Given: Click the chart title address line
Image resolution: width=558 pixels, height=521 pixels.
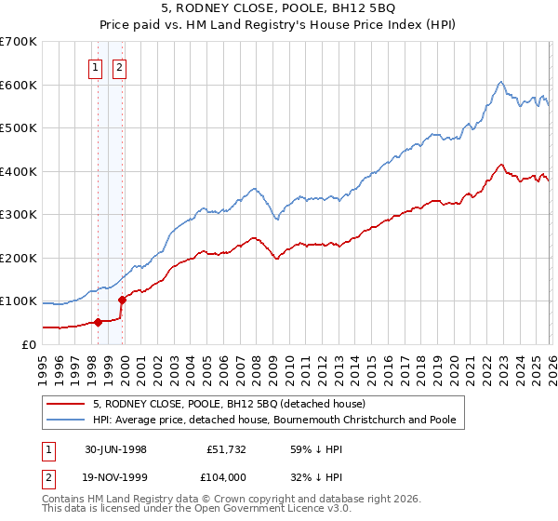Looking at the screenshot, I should pyautogui.click(x=279, y=10).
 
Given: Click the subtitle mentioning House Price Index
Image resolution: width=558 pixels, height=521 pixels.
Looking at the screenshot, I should pyautogui.click(x=279, y=26).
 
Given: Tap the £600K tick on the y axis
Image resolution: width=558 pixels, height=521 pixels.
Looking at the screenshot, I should pyautogui.click(x=18, y=85).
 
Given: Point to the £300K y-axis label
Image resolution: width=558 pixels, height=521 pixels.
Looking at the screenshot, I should pyautogui.click(x=18, y=215).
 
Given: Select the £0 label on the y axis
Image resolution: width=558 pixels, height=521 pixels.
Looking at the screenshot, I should pyautogui.click(x=28, y=344).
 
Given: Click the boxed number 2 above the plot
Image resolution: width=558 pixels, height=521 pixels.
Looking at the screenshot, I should pyautogui.click(x=121, y=66).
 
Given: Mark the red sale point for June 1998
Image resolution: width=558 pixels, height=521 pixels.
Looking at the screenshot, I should pyautogui.click(x=99, y=322).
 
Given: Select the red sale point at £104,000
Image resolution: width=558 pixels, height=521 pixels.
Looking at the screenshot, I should pyautogui.click(x=122, y=300).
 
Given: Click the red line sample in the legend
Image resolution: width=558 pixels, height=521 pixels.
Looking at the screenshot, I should pyautogui.click(x=66, y=404).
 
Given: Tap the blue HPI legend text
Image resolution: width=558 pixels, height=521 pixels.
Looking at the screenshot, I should pyautogui.click(x=274, y=420).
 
